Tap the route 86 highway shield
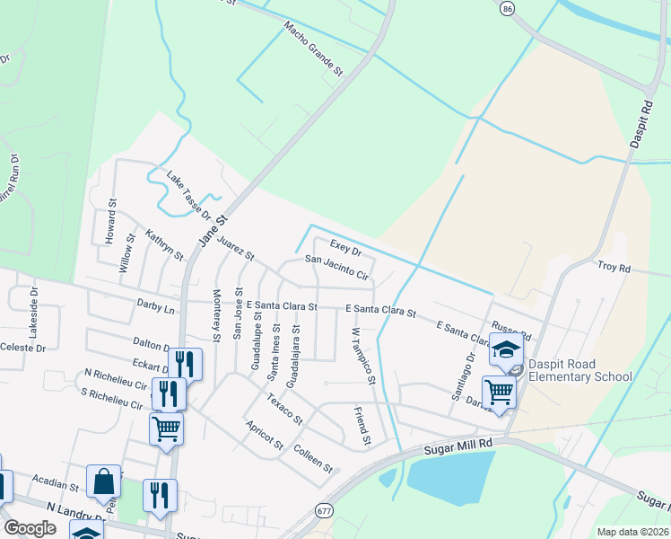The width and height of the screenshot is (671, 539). pos(508,8)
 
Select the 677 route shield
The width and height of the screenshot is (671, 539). pos(324,510)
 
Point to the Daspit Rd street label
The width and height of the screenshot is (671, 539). pos(639,124)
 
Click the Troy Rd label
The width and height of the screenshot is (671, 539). pos(614,268)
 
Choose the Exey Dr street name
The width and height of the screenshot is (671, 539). pos(345,248)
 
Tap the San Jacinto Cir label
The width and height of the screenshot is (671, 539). pos(336,268)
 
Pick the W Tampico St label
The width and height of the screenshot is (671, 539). pos(362,356)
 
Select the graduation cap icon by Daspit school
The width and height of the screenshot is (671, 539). pos(506,349)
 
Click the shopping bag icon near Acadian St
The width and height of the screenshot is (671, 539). pos(103,482)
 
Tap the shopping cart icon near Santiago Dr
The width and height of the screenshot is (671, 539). pos(498,391)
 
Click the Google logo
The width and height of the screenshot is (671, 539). pos(30,527)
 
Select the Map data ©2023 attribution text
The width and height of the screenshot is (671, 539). pos(632,532)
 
